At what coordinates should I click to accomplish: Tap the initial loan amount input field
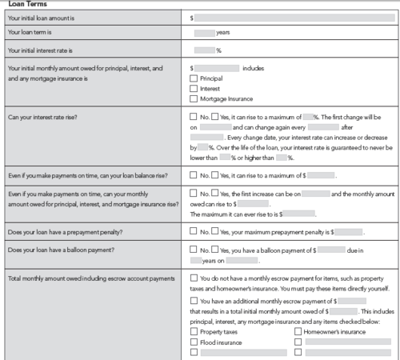[297, 16]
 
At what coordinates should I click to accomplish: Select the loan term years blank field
[204, 33]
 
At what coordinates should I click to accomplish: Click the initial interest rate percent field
[204, 50]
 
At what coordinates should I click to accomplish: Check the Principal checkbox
[193, 78]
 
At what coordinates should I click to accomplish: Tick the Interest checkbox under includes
[193, 89]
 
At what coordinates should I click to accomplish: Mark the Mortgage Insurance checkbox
[193, 99]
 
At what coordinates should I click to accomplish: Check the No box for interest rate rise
[193, 117]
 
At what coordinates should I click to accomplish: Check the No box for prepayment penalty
[193, 231]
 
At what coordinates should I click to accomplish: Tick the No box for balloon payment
[193, 250]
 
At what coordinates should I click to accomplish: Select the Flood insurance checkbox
[193, 341]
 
